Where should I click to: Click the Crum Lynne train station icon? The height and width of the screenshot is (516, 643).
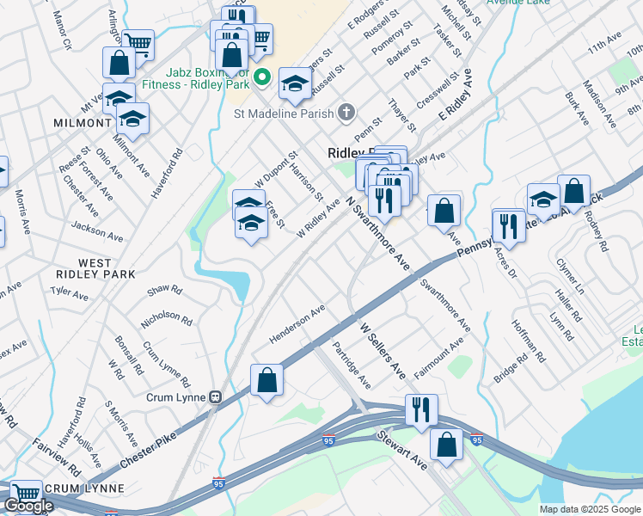(x=216, y=397)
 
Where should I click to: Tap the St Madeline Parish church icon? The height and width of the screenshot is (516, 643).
(x=346, y=112)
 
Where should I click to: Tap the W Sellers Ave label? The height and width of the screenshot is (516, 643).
(x=382, y=352)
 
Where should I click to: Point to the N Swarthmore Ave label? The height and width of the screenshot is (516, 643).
(x=377, y=233)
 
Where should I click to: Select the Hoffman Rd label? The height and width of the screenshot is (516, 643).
(x=528, y=339)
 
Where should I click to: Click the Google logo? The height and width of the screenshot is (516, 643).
(x=28, y=506)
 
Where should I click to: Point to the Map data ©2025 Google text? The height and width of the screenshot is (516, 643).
(x=589, y=509)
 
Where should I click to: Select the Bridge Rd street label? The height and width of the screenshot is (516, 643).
(x=510, y=365)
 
